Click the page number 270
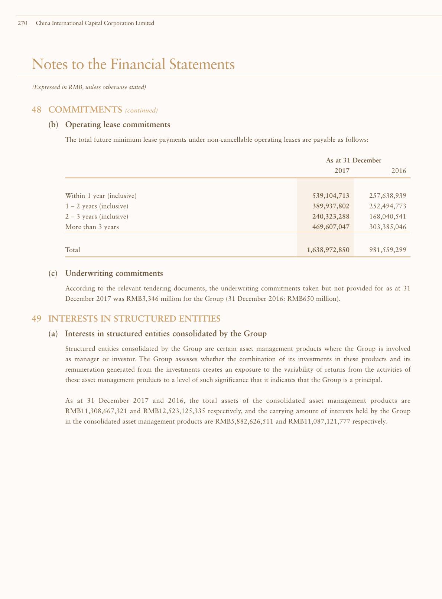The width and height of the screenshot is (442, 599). point(23,23)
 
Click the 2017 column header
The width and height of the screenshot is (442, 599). point(342,171)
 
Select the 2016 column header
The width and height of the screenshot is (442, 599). point(399,171)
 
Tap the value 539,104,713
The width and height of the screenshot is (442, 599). point(331,195)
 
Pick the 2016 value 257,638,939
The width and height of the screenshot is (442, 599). point(388,195)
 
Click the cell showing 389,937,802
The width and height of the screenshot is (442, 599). point(331,206)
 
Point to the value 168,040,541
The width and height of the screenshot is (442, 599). point(388,216)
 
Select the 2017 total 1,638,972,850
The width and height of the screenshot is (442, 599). point(328,250)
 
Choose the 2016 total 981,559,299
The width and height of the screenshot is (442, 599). point(388,250)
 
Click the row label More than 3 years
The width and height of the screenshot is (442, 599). point(92,227)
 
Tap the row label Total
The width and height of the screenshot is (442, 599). point(72,250)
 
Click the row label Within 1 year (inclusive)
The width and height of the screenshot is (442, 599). point(101,195)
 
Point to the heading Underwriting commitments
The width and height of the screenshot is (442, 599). point(114,273)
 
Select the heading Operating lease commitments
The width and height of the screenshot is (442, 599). point(118,125)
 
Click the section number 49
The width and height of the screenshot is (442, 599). point(36,319)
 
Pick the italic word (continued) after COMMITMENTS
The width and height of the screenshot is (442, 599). point(142,110)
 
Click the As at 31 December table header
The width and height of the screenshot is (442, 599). point(354,160)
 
